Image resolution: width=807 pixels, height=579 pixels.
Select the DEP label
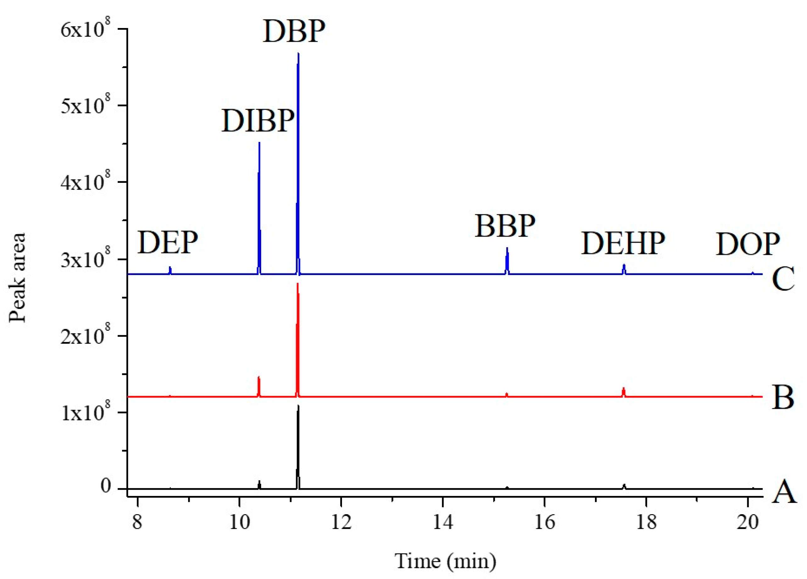[167, 243]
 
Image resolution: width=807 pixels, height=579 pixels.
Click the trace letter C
[783, 279]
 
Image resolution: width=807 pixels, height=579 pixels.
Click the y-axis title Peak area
[17, 278]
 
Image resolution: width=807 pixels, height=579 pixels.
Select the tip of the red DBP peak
[297, 284]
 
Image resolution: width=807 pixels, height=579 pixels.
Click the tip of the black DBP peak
[298, 406]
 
